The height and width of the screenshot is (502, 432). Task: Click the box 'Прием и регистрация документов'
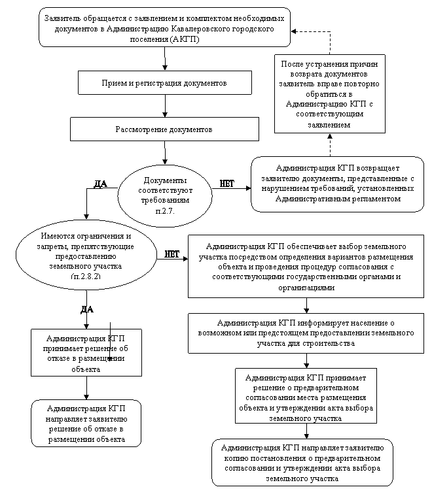pyautogui.click(x=164, y=83)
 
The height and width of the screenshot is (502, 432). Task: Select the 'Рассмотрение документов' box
pyautogui.click(x=164, y=129)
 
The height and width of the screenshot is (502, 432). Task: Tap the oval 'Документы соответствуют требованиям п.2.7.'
pyautogui.click(x=165, y=196)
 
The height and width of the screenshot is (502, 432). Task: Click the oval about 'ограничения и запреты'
pyautogui.click(x=86, y=256)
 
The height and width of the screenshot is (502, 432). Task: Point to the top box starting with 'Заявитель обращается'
pyautogui.click(x=164, y=27)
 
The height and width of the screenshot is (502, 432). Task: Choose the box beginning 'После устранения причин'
pyautogui.click(x=329, y=93)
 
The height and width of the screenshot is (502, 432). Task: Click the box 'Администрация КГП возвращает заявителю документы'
pyautogui.click(x=337, y=184)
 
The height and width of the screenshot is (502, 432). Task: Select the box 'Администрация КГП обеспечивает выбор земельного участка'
pyautogui.click(x=306, y=266)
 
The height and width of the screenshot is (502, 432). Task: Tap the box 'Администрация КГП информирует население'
pyautogui.click(x=306, y=333)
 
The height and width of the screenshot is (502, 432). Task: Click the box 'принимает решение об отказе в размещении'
pyautogui.click(x=86, y=353)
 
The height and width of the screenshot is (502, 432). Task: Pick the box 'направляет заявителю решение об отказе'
pyautogui.click(x=86, y=424)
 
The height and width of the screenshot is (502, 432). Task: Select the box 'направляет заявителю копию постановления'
pyautogui.click(x=302, y=462)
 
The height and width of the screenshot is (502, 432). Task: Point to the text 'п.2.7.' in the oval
pyautogui.click(x=165, y=212)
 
